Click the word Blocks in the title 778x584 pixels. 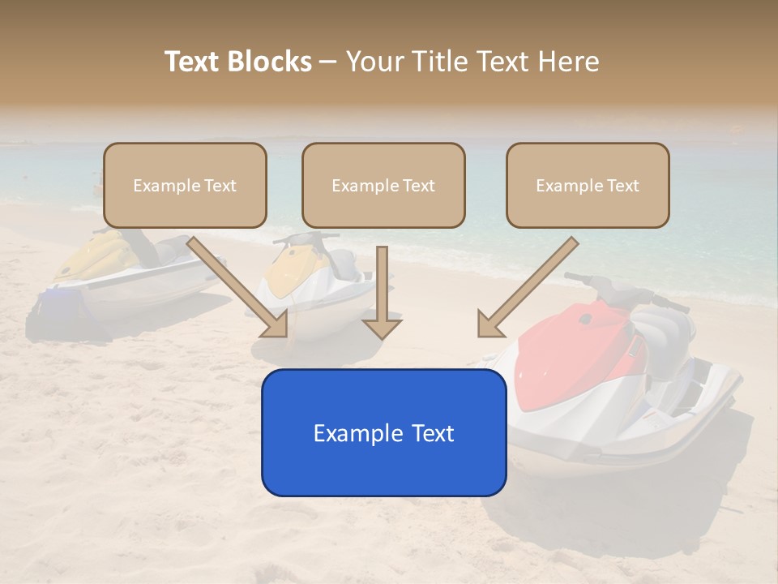pos(270,62)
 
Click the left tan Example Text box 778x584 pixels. pos(185,186)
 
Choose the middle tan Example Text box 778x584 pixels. pos(383,186)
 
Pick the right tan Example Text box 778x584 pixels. pos(588,186)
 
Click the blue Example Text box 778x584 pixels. pos(383,433)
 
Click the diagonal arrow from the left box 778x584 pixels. pos(238,287)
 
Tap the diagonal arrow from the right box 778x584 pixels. pos(528,287)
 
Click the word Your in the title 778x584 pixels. pos(375,62)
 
